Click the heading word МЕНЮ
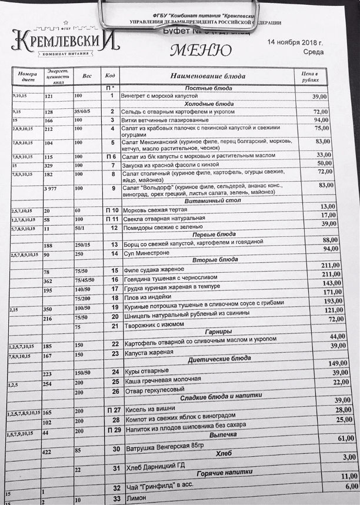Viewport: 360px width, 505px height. [x=196, y=51]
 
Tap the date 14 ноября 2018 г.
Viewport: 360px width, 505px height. [x=295, y=43]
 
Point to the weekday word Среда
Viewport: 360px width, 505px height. [x=311, y=52]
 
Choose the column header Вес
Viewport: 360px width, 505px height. [x=87, y=76]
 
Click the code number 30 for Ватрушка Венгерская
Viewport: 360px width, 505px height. [x=115, y=449]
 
